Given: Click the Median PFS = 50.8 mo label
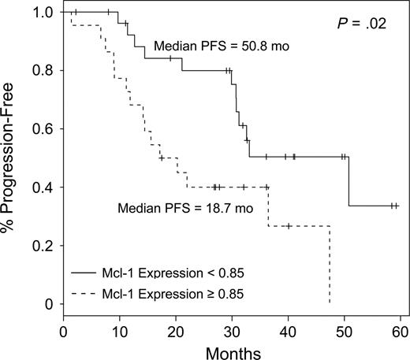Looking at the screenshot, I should (x=211, y=46).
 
